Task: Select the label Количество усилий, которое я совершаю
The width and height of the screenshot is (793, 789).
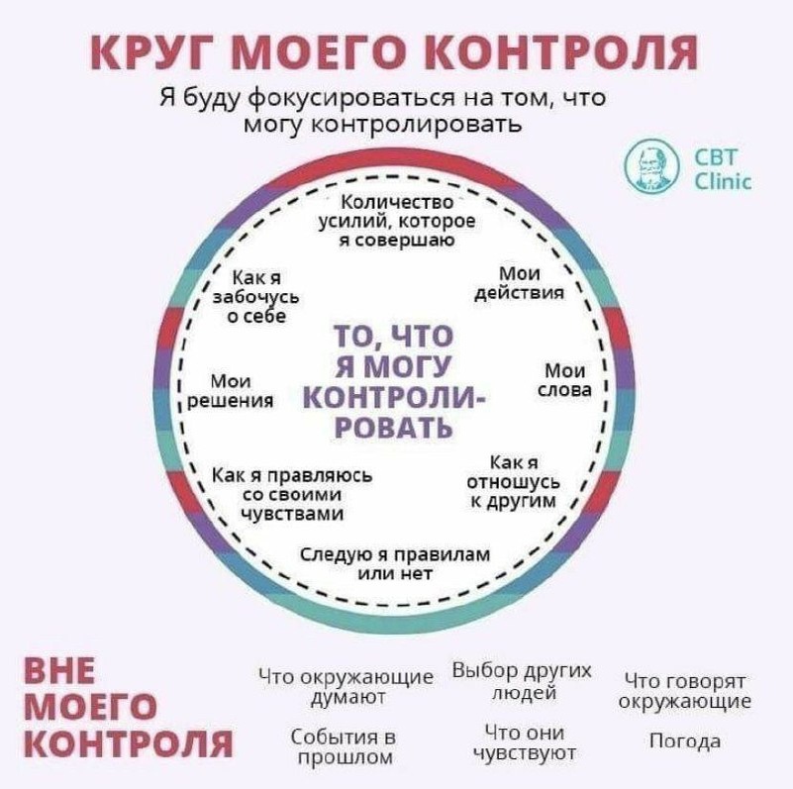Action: (395, 221)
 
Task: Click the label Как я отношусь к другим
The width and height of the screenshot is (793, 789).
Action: (513, 482)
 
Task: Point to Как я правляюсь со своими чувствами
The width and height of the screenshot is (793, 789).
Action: (293, 493)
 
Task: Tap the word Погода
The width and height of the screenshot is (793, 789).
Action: (684, 740)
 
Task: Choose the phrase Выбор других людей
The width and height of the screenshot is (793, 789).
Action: (521, 681)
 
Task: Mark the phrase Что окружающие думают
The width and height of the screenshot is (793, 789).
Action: (346, 688)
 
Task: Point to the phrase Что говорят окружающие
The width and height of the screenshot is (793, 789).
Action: (684, 691)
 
